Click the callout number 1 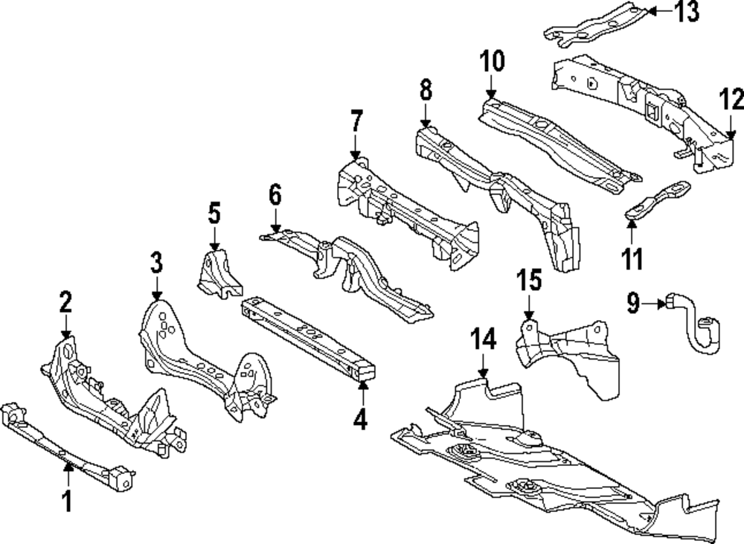pyautogui.click(x=66, y=502)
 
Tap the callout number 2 pyautogui.click(x=66, y=302)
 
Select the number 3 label pyautogui.click(x=156, y=263)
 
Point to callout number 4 pyautogui.click(x=360, y=420)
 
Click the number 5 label pyautogui.click(x=214, y=215)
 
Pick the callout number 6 pyautogui.click(x=275, y=196)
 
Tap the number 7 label pyautogui.click(x=356, y=121)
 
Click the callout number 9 pyautogui.click(x=633, y=302)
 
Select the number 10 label pyautogui.click(x=492, y=60)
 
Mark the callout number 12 pyautogui.click(x=731, y=98)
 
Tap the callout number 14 pyautogui.click(x=482, y=340)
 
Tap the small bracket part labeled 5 pyautogui.click(x=218, y=273)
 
